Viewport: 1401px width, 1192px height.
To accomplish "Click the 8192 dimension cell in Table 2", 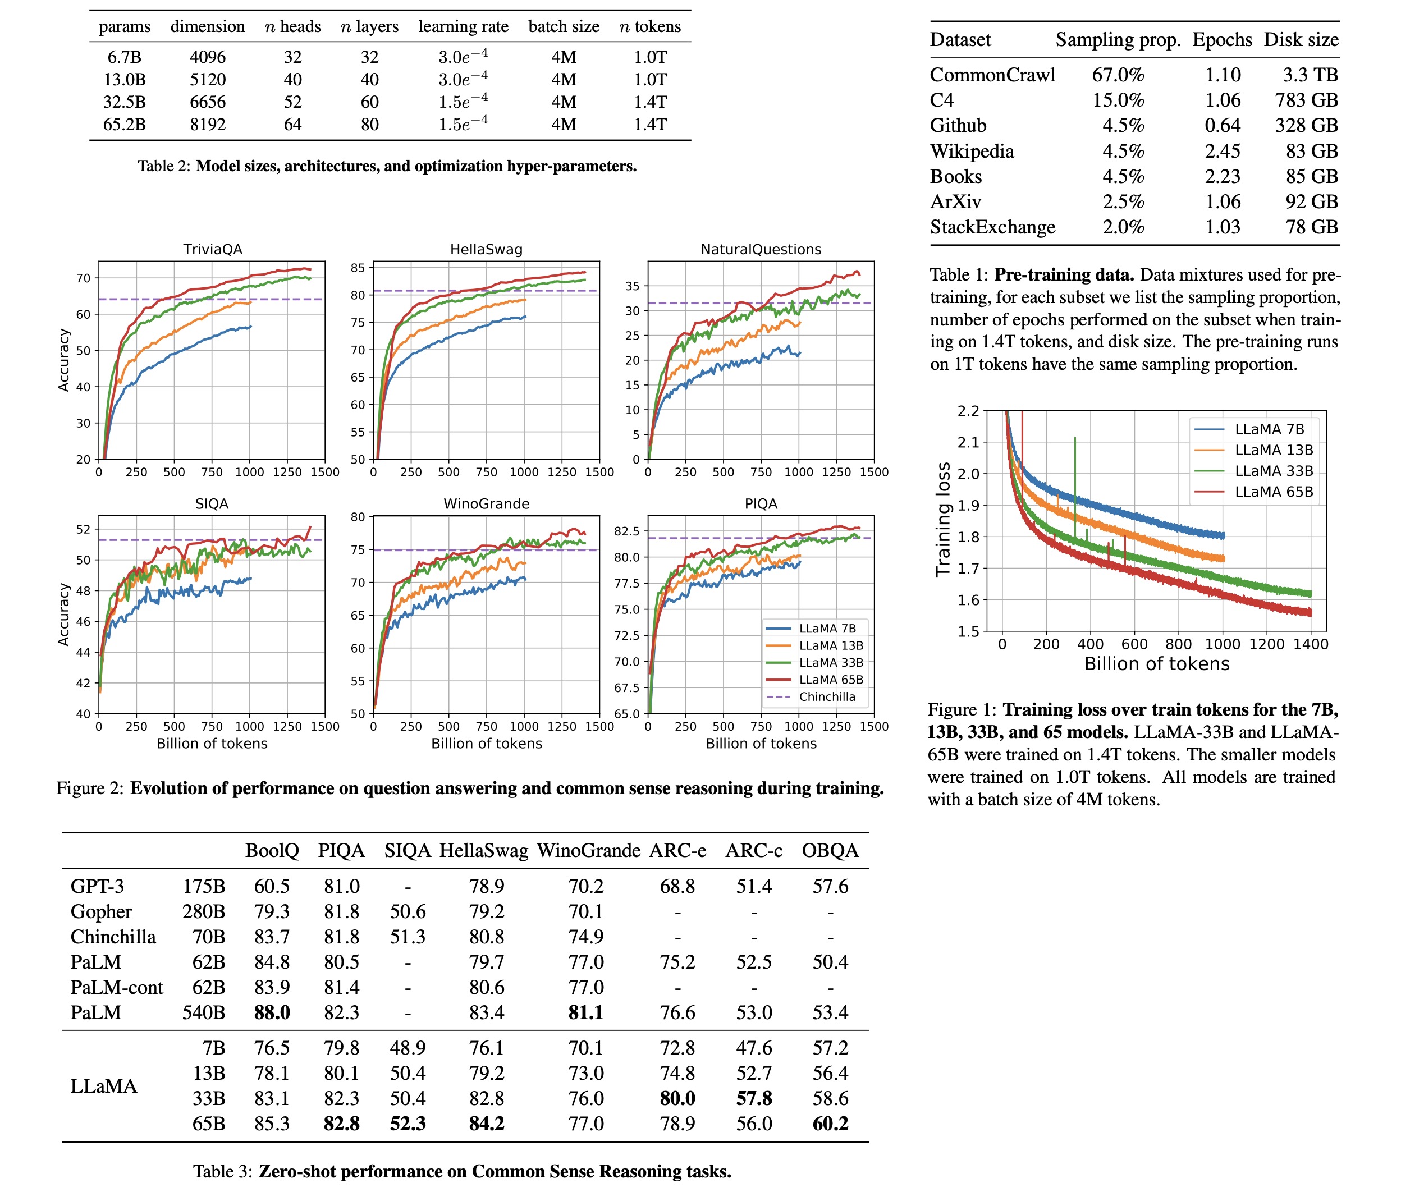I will click(x=208, y=125).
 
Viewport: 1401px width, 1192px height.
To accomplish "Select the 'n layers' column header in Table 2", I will click(x=369, y=27).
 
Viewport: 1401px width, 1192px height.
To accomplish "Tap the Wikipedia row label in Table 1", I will click(x=971, y=152).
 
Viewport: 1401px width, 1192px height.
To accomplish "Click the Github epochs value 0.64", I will click(x=1222, y=126).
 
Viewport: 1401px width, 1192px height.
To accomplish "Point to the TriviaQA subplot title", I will click(x=212, y=249).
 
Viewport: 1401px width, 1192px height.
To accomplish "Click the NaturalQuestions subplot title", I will click(x=761, y=249).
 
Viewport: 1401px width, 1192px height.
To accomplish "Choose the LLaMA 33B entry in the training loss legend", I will click(x=1273, y=471).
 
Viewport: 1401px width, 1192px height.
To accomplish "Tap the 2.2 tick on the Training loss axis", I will click(x=968, y=411).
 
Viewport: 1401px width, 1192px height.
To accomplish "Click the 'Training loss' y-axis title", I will click(x=944, y=519).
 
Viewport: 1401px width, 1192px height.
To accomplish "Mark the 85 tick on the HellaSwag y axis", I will click(x=358, y=268).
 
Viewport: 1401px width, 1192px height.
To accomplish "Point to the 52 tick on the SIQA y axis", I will click(x=83, y=530).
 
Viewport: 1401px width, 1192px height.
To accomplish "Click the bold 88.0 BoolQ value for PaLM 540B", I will click(x=272, y=1013).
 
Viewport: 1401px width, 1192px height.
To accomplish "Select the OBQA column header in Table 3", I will click(x=830, y=851).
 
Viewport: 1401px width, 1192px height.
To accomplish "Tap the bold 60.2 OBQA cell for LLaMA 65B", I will click(x=830, y=1124).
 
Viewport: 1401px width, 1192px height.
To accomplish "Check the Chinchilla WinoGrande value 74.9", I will click(x=585, y=937).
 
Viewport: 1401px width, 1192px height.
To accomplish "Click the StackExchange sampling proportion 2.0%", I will click(x=1123, y=227).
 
